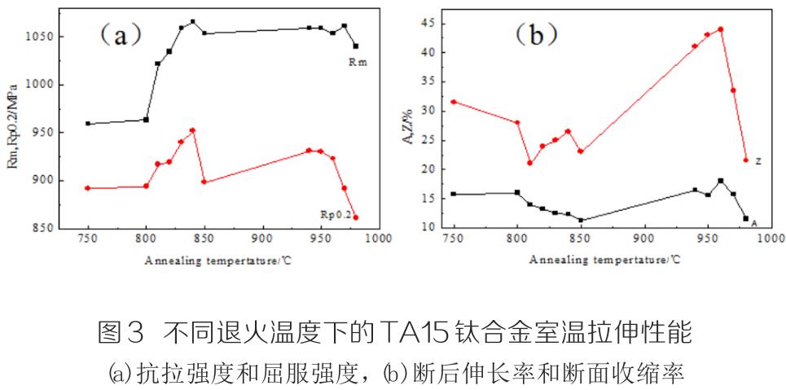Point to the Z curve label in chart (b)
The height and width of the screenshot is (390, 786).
tap(757, 161)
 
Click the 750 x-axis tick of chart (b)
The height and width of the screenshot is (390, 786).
tap(452, 239)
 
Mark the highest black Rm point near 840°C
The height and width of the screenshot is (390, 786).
tap(192, 22)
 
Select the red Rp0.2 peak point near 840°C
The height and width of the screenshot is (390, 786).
tap(192, 130)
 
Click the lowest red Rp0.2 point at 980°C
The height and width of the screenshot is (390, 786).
tap(355, 217)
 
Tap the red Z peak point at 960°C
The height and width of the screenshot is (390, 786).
tap(720, 29)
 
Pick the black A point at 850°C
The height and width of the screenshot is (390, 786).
tap(581, 220)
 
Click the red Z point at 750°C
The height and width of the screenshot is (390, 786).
tap(453, 102)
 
